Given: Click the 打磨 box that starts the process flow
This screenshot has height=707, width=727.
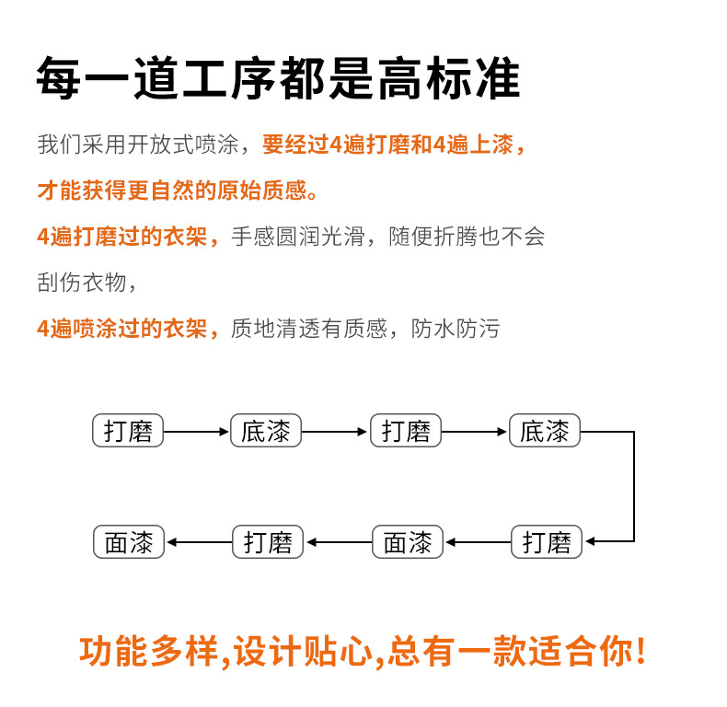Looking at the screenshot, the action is tap(128, 431).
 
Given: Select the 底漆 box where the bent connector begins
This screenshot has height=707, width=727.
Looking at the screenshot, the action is tap(545, 431).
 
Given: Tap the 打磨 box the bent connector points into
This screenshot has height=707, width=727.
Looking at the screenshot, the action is tap(547, 542).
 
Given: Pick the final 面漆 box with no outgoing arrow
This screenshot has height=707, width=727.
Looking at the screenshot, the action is tap(129, 542).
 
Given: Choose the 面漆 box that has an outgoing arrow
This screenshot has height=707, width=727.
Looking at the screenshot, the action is tap(408, 542).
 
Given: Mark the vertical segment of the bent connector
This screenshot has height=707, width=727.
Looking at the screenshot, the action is tap(634, 486).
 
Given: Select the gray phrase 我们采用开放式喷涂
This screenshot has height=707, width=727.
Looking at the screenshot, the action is tap(138, 145).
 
